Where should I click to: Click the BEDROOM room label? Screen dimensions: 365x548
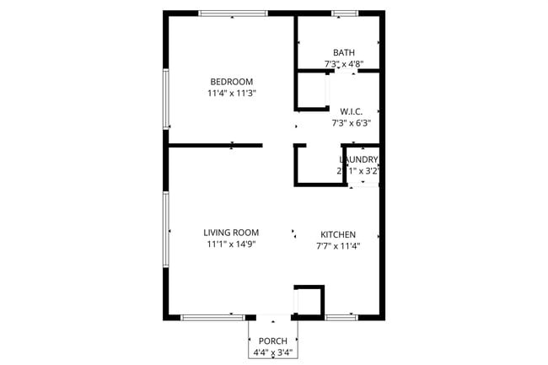tap(231, 82)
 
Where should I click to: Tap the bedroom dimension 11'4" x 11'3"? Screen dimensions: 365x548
tap(231, 94)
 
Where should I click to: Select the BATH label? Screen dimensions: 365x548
tap(343, 52)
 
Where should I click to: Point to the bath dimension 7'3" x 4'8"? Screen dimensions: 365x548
tap(343, 64)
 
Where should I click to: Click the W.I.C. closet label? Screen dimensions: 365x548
tap(351, 111)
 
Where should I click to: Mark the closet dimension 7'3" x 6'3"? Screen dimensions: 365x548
tap(351, 123)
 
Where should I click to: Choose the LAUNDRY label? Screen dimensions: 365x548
tap(358, 159)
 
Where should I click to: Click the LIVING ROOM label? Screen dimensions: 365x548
tap(231, 233)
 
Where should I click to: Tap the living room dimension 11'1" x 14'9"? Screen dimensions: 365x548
tap(231, 244)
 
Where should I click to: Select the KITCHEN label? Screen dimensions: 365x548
tap(338, 234)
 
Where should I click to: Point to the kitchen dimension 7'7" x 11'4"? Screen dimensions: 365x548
tap(338, 246)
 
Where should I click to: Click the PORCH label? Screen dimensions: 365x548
tap(272, 341)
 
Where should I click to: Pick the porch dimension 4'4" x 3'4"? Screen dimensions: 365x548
tap(272, 352)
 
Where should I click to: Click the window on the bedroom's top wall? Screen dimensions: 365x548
tap(233, 13)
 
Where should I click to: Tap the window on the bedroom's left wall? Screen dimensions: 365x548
tap(166, 99)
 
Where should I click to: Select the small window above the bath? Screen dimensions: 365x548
tap(343, 13)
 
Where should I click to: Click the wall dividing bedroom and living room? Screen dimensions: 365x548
tap(215, 145)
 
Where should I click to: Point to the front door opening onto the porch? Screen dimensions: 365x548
tap(272, 318)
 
